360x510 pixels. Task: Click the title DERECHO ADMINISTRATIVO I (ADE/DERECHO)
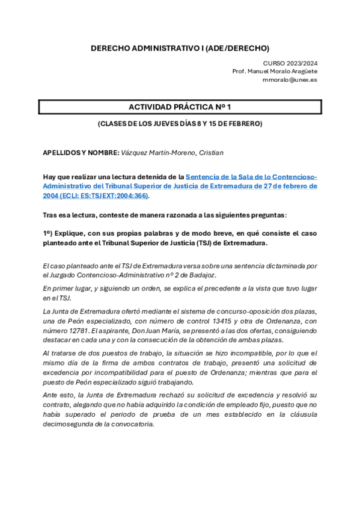point(180,48)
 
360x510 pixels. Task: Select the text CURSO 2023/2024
point(291,63)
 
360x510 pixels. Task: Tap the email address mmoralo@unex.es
point(290,79)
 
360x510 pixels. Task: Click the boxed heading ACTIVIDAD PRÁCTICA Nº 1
point(180,107)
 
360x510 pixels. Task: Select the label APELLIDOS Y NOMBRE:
point(81,153)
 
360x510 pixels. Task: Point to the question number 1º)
point(49,233)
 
